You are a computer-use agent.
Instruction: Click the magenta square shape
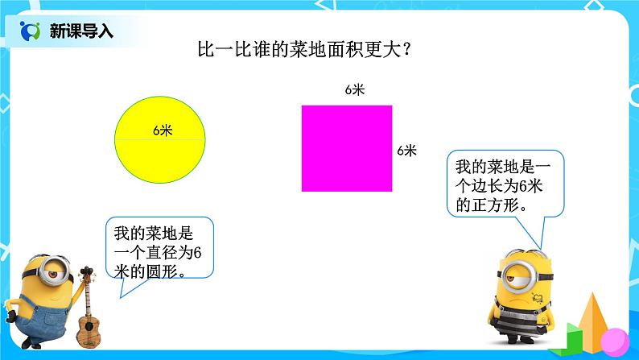pos(347,148)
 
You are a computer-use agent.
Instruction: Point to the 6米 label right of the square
pos(406,150)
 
